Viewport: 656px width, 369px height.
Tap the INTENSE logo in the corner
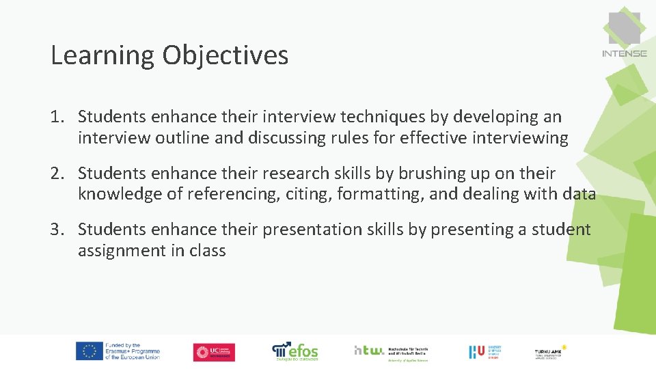(624, 34)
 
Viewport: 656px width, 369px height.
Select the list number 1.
(57, 118)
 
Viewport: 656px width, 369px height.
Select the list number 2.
(57, 174)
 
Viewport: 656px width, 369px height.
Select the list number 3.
(57, 230)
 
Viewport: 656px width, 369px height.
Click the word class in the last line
(208, 251)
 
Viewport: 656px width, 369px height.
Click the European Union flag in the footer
(89, 351)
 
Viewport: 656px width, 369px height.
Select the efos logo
(295, 351)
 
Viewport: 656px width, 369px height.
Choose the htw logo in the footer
(369, 351)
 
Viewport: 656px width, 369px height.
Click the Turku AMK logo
(550, 351)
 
